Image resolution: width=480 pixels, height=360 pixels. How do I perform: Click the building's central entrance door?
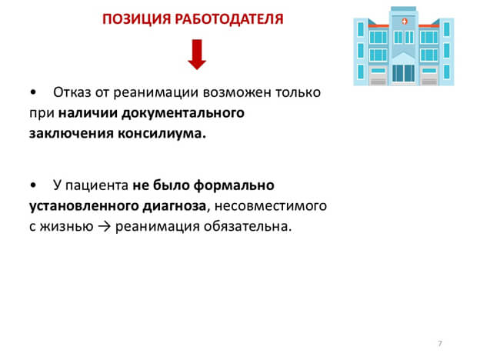click(398, 72)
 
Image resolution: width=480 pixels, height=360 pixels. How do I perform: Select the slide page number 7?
click(438, 342)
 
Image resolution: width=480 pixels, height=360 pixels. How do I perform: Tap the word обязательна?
click(246, 226)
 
